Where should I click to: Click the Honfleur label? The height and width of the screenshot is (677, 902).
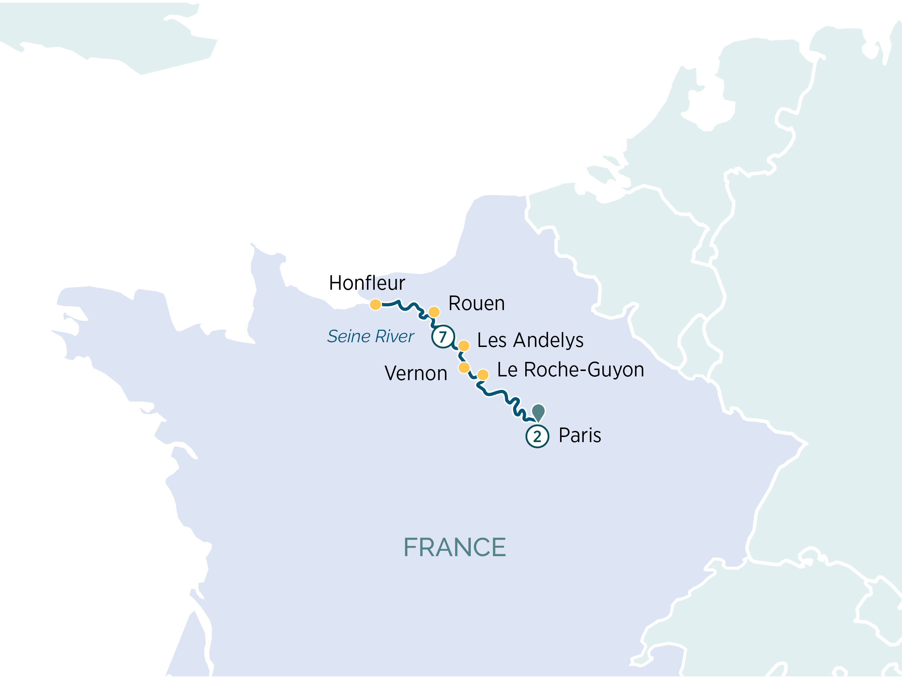pos(367,283)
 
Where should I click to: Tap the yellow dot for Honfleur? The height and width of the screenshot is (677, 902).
pos(375,304)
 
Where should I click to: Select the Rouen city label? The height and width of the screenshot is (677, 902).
pos(476,303)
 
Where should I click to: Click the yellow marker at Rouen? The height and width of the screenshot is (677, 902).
pos(434,312)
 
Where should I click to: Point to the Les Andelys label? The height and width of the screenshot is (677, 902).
pos(530,340)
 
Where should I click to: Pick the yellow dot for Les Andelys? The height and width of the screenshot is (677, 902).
pos(464,346)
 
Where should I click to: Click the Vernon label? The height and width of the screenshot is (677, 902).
pos(416,373)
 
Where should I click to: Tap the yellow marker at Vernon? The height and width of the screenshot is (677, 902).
pos(464,368)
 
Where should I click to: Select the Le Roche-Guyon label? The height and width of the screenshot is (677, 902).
pos(571,369)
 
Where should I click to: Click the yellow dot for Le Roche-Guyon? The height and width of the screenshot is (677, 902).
pos(483,375)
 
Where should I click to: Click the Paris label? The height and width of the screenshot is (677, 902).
pos(579,435)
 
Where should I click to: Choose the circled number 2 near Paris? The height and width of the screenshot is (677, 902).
pos(537,437)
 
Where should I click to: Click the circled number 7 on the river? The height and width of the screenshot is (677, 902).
pos(443,337)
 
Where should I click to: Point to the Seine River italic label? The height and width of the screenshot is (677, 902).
pos(370,336)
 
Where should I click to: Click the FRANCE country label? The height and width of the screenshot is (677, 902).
pos(454,547)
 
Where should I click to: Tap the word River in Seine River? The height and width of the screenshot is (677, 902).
pos(394,336)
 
